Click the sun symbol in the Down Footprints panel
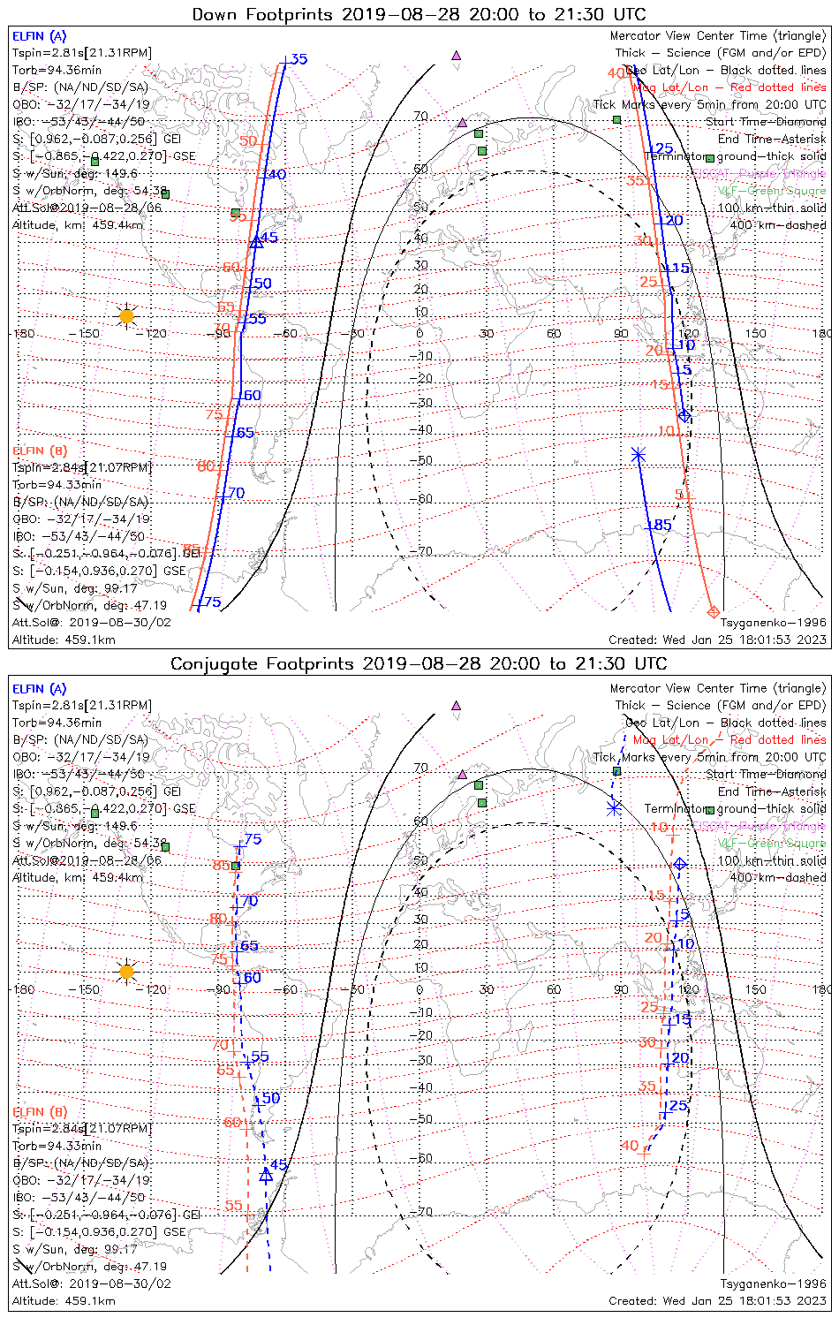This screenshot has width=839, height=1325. coord(126,315)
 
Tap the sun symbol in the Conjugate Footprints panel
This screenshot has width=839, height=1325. coord(126,972)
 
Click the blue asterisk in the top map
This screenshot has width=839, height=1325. coord(639,455)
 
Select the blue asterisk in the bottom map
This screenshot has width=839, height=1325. coord(615,806)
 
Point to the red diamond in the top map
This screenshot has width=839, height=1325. coord(714,612)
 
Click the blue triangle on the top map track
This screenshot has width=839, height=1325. coord(256,241)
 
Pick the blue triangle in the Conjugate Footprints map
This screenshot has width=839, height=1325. coord(266,1176)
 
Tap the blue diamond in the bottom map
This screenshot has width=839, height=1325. coord(679,864)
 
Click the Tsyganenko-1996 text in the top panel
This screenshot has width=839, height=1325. coord(774,623)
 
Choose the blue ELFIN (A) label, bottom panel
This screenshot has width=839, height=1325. coord(40,689)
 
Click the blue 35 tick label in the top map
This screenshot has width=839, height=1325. coord(299,59)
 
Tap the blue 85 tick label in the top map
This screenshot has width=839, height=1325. coord(661,526)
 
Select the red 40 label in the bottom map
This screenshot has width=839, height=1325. coord(630,1146)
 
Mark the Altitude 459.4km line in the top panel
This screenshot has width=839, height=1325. coord(78,225)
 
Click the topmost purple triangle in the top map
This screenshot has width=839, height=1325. coord(456,55)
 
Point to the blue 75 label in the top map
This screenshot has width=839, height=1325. coord(212,602)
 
